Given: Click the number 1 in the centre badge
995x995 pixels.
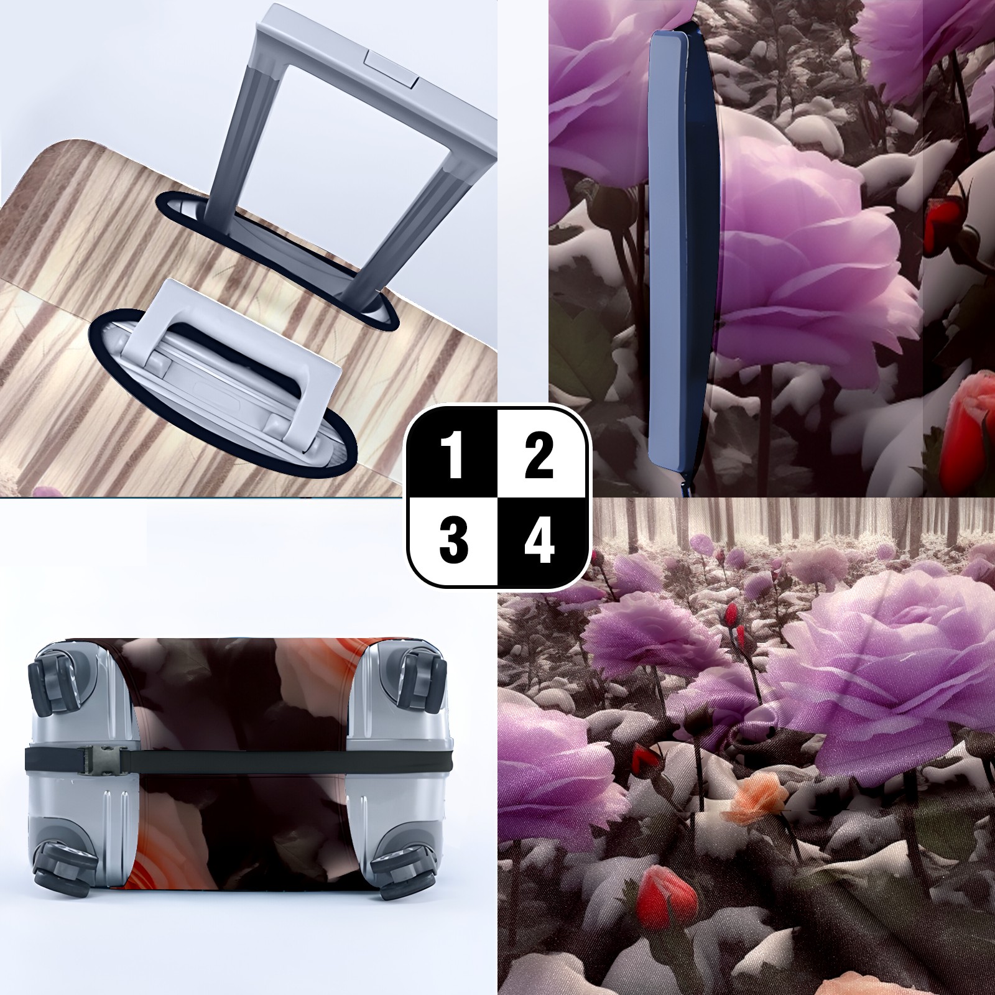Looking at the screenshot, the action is (x=453, y=457).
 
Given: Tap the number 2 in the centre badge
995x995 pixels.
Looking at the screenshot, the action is (x=539, y=457).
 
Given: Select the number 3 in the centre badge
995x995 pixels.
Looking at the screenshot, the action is (x=453, y=540).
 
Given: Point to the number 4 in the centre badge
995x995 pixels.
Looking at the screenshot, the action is (x=539, y=540).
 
